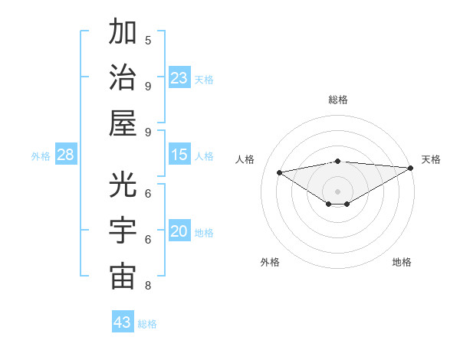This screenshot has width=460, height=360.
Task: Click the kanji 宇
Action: point(123,231)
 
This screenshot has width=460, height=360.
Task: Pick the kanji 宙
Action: point(123,276)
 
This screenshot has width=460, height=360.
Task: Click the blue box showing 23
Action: point(179,78)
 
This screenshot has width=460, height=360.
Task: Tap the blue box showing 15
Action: point(179,155)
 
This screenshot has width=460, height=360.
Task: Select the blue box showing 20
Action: point(179,232)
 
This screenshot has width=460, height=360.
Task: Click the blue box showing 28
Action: point(66,155)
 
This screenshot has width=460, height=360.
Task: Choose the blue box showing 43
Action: point(123,322)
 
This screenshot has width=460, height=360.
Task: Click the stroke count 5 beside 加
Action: point(148,40)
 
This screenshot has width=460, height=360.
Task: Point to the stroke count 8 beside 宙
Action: point(148,286)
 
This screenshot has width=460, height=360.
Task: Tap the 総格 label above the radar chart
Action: point(337,100)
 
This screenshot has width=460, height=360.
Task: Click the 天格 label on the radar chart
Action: point(431,159)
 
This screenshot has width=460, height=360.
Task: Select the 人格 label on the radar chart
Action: point(245,159)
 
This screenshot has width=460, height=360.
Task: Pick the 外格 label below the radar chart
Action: point(270,263)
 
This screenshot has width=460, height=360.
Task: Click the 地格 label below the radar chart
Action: point(402,263)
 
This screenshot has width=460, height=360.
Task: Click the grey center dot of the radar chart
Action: point(337,191)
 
